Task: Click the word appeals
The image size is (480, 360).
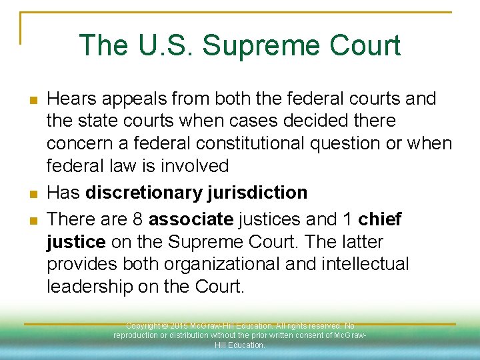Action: point(138,99)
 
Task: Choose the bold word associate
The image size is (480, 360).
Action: point(190,219)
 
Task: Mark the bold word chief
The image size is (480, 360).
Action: point(380,219)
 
